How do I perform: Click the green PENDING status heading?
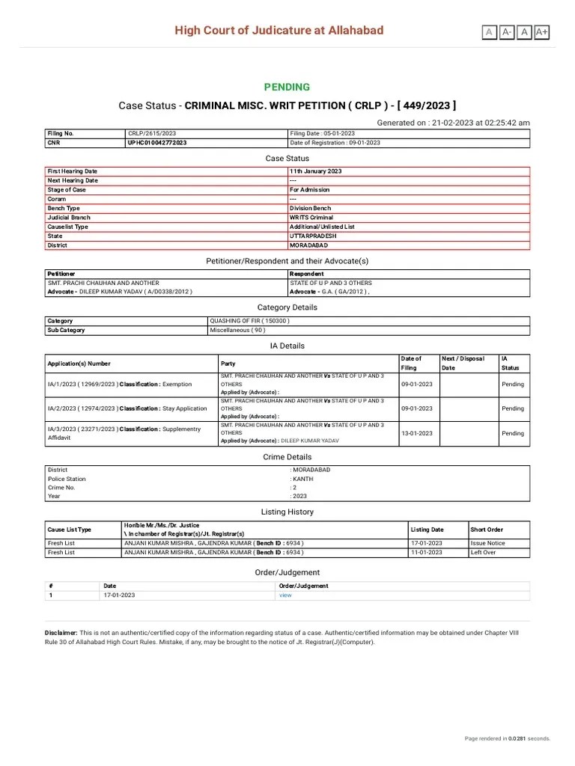[x=287, y=87]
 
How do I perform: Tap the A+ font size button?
[x=541, y=31]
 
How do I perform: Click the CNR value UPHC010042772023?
[x=157, y=142]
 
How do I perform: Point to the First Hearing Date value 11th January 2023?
[x=315, y=171]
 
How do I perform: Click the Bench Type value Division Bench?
[x=311, y=208]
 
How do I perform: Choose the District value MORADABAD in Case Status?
[x=308, y=245]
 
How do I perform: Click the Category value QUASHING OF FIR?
[x=249, y=321]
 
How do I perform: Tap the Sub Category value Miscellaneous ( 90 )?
[x=237, y=330]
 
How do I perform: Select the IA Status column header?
[x=510, y=363]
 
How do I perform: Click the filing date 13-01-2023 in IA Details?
[x=416, y=433]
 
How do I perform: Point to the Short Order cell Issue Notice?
[x=487, y=543]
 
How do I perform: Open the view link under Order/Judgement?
[x=285, y=595]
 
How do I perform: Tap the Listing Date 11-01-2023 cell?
[x=427, y=552]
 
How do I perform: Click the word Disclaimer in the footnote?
[x=61, y=633]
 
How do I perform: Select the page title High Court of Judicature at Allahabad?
[x=279, y=31]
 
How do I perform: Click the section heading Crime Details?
[x=287, y=456]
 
